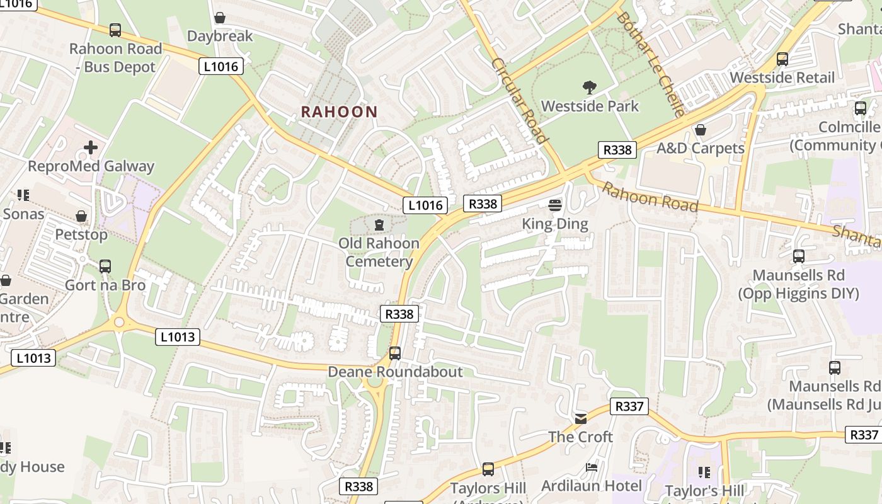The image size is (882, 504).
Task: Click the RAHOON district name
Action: click(x=339, y=112)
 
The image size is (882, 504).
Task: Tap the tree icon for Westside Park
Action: click(x=590, y=87)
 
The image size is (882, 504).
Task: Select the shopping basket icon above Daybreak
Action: click(x=220, y=18)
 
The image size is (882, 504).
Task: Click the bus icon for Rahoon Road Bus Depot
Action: click(x=115, y=30)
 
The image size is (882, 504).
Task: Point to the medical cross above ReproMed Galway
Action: click(x=91, y=147)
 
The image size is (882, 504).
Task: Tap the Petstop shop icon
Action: click(x=81, y=216)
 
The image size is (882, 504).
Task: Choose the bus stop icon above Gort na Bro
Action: click(x=105, y=266)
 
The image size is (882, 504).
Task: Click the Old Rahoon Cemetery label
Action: click(x=379, y=252)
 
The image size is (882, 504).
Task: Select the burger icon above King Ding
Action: click(x=555, y=205)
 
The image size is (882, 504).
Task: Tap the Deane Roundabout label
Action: click(x=395, y=372)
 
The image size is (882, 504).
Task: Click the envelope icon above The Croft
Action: click(x=580, y=418)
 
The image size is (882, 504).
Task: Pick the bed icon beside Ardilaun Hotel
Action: click(x=592, y=467)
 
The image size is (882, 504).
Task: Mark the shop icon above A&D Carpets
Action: click(x=700, y=130)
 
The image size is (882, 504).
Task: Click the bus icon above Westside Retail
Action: click(x=782, y=59)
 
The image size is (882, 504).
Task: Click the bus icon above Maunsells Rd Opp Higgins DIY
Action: click(x=799, y=256)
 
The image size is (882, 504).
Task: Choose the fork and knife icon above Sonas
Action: click(x=23, y=195)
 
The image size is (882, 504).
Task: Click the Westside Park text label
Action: click(x=590, y=106)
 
